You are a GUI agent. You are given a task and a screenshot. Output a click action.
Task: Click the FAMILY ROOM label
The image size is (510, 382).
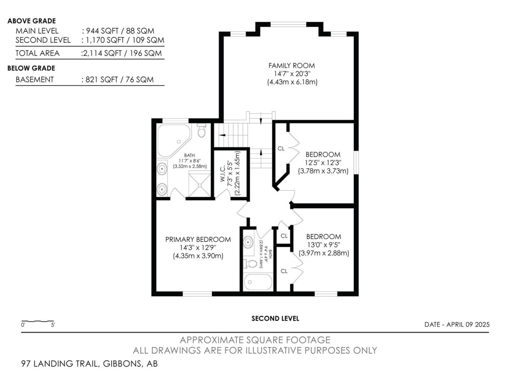291,66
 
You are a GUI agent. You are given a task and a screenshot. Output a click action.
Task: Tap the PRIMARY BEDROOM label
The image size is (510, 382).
198,240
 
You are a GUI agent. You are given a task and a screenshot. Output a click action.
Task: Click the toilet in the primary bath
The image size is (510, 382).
202,131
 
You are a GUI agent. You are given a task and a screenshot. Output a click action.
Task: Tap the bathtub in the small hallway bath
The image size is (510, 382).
258,282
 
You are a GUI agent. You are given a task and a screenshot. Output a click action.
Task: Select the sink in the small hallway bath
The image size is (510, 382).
248,242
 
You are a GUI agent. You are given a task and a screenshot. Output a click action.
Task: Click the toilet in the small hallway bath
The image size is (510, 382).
250,263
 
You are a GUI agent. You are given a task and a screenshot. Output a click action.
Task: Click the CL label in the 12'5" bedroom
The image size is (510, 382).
281,148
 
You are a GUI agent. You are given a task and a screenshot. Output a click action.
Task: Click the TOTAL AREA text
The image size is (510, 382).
37,53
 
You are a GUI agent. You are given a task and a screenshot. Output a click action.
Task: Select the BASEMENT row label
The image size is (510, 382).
35,80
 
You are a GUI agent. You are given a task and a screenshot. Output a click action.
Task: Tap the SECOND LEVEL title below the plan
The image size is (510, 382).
275,318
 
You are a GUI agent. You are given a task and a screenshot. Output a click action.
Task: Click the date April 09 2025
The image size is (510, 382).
468,324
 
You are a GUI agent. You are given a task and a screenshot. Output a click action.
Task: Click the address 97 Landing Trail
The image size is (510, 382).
59,363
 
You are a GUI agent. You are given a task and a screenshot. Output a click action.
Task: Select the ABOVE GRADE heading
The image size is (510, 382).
31,21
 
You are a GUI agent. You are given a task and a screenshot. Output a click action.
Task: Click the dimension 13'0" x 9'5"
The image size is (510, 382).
324,245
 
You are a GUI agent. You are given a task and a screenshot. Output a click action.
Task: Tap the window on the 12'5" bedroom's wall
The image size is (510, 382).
356,162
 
